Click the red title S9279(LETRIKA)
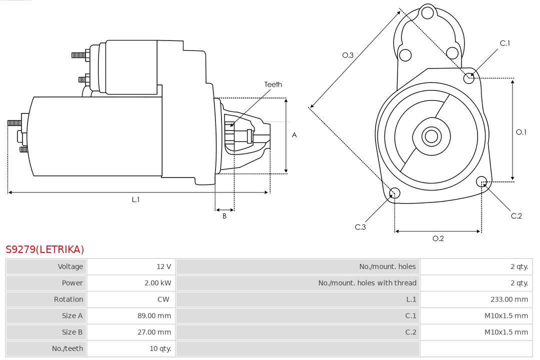coord(45,249)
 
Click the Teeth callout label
coord(273,84)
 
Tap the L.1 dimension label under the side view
coord(135,199)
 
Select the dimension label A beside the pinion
coord(294,135)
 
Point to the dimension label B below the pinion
coord(224,216)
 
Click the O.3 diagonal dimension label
coord(347,55)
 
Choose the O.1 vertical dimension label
coord(521,132)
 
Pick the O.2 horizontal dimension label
coord(438,238)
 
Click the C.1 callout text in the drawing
coord(505,43)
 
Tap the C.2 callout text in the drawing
coord(516,215)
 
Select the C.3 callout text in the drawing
coord(360,227)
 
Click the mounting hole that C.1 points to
coord(469,77)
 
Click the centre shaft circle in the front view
coord(430,136)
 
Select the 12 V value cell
coord(163,266)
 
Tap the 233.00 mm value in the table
coord(509,299)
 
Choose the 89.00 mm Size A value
coord(154,316)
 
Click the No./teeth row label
coord(67,348)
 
